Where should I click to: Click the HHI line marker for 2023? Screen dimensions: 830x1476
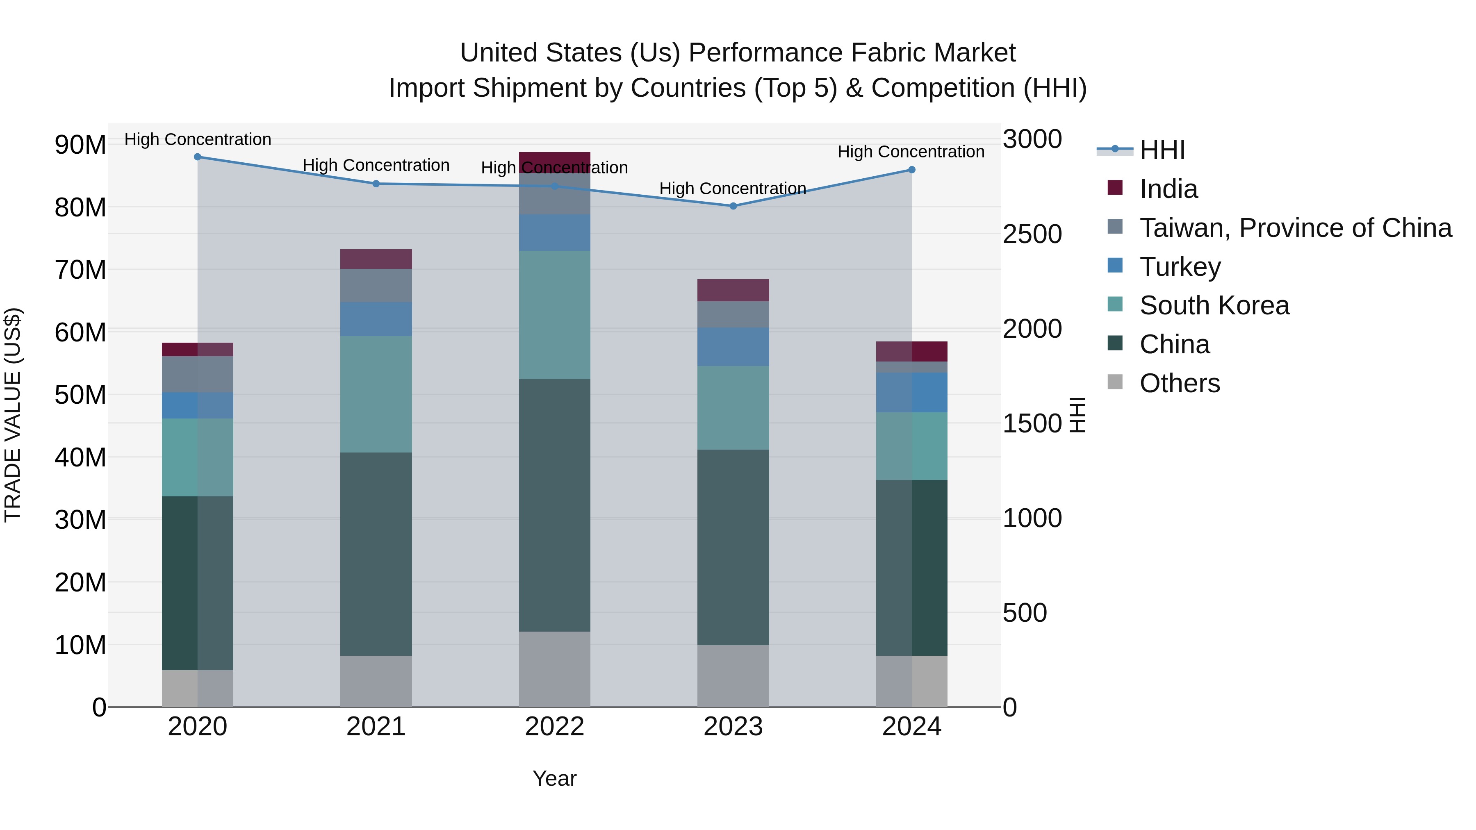(733, 206)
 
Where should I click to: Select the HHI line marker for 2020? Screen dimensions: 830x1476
(198, 157)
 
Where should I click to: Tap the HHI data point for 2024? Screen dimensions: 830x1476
(911, 170)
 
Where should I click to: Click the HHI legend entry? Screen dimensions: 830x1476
(1162, 150)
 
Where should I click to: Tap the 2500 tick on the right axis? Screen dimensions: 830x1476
(1032, 234)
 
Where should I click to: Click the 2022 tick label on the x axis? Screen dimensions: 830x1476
(554, 727)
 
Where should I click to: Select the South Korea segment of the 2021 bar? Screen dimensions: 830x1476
(376, 394)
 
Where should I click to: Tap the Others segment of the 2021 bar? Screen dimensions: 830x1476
(376, 681)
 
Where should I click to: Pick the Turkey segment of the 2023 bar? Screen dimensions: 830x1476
(733, 346)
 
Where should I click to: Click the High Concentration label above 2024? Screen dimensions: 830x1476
(911, 152)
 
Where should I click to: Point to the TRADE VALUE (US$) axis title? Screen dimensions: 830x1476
(13, 415)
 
